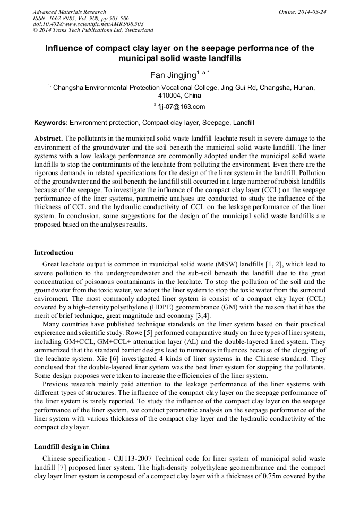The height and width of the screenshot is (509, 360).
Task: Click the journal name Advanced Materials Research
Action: (69, 12)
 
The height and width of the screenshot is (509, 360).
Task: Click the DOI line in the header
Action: (88, 24)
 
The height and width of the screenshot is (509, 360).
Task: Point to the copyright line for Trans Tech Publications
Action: (93, 31)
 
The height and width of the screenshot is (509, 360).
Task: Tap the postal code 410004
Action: (170, 96)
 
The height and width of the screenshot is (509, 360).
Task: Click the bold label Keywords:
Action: (51, 122)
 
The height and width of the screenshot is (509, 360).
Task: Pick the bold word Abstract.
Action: (48, 139)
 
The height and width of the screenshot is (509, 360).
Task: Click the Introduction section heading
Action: (54, 252)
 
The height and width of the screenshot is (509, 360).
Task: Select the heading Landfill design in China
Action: (72, 447)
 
